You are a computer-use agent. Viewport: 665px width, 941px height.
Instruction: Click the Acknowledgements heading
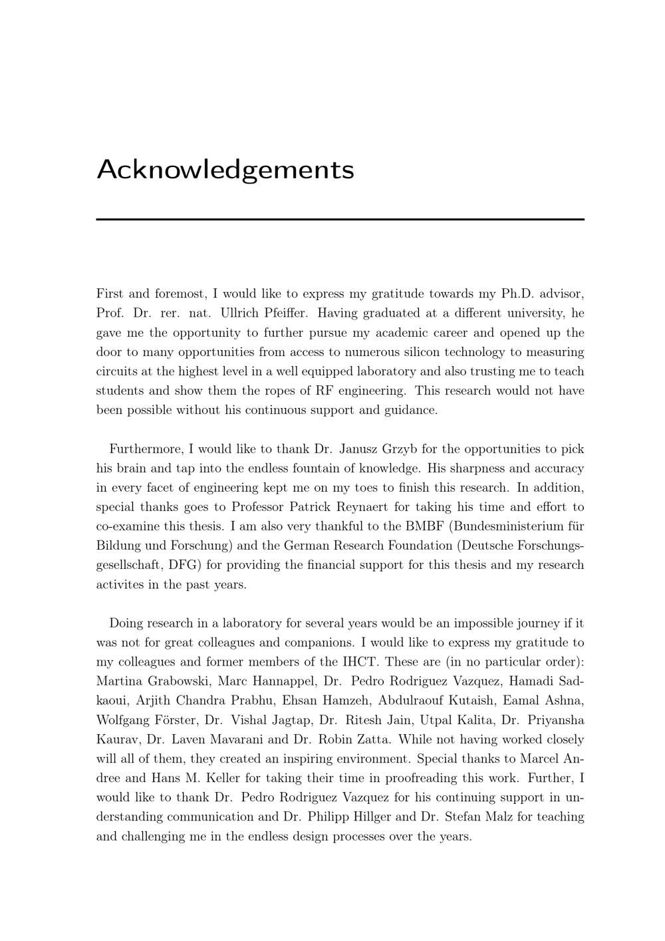pos(225,170)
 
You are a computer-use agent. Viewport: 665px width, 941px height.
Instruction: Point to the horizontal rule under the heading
pos(340,219)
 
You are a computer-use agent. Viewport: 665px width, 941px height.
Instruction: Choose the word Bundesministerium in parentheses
pos(507,526)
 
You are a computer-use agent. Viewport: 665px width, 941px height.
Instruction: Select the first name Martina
pos(119,681)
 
